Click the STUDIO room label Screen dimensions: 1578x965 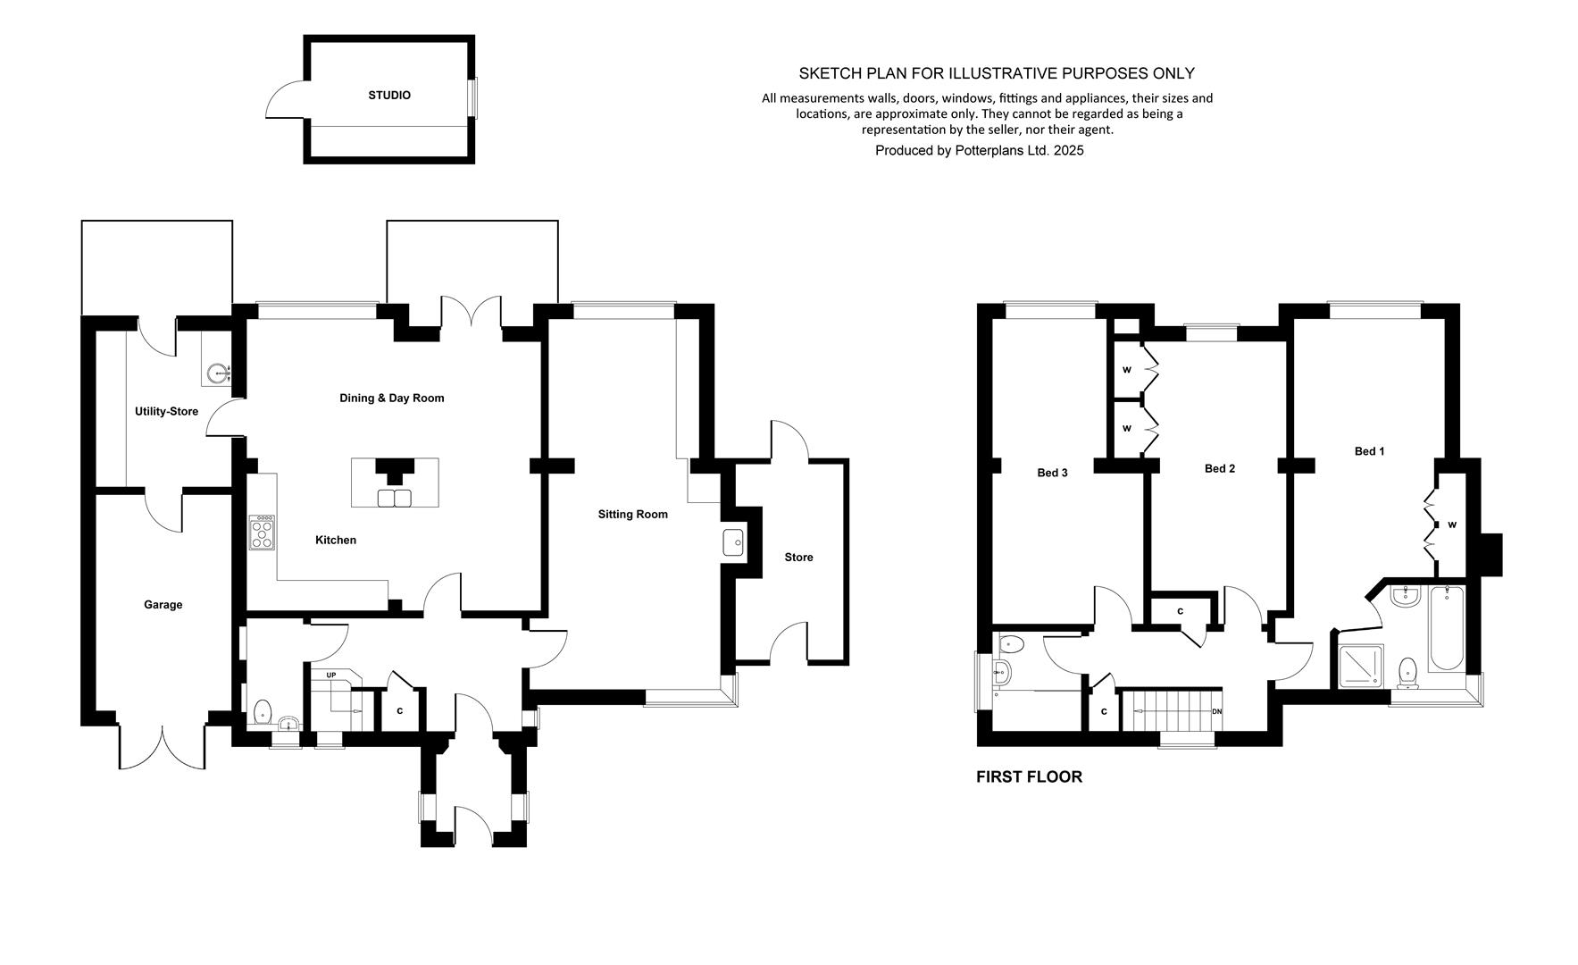click(x=389, y=96)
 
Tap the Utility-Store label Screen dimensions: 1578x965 click(x=166, y=412)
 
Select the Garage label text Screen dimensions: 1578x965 click(x=163, y=605)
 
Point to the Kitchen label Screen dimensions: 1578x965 click(x=336, y=541)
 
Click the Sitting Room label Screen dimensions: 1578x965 click(x=633, y=515)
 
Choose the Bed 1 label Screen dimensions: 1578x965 click(x=1369, y=452)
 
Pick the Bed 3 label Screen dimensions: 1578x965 click(x=1052, y=474)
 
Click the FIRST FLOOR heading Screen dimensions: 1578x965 click(x=1029, y=777)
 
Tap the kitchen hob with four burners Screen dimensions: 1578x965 click(x=263, y=533)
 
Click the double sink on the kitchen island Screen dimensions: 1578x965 click(x=395, y=498)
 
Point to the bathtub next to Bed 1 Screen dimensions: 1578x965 click(x=1446, y=628)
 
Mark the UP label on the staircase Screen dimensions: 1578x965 click(x=330, y=675)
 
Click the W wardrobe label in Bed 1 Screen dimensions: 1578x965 click(x=1452, y=525)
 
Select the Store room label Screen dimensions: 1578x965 click(x=798, y=558)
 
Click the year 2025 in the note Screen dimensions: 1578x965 click(x=1068, y=151)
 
